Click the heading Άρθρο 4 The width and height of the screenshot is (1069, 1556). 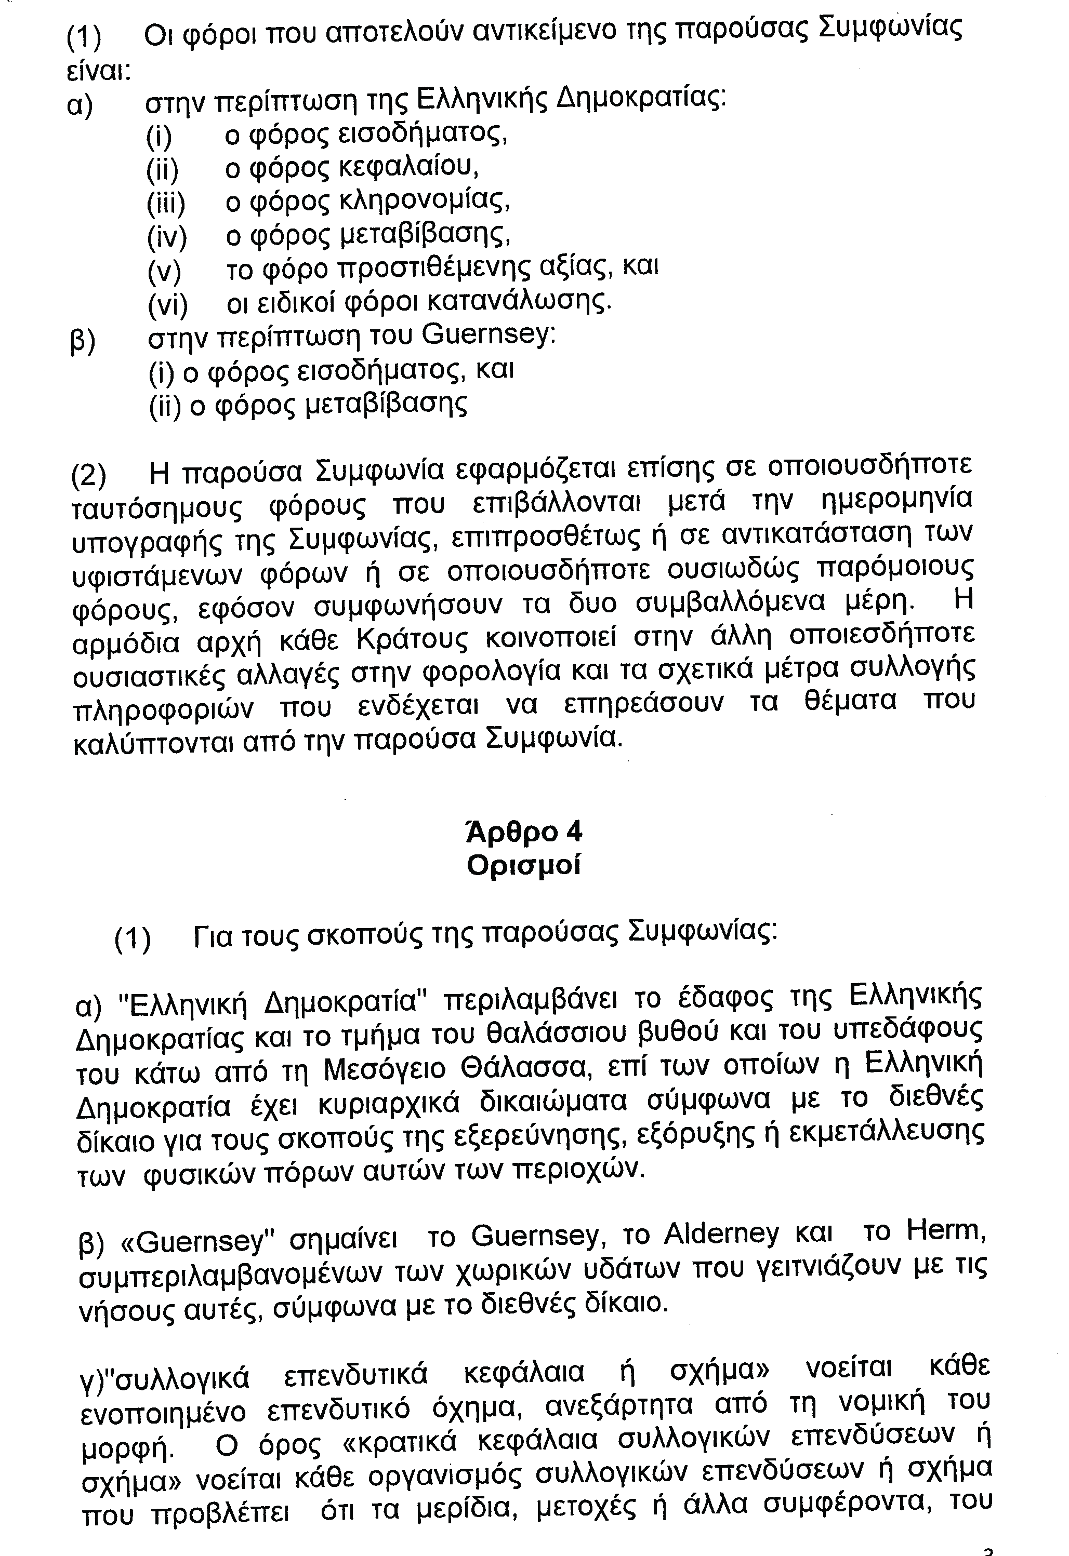[x=523, y=831]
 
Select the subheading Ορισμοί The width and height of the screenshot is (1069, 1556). [x=523, y=866]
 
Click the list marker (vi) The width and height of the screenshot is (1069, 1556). [x=167, y=305]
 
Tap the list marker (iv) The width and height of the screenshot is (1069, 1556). [x=166, y=236]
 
